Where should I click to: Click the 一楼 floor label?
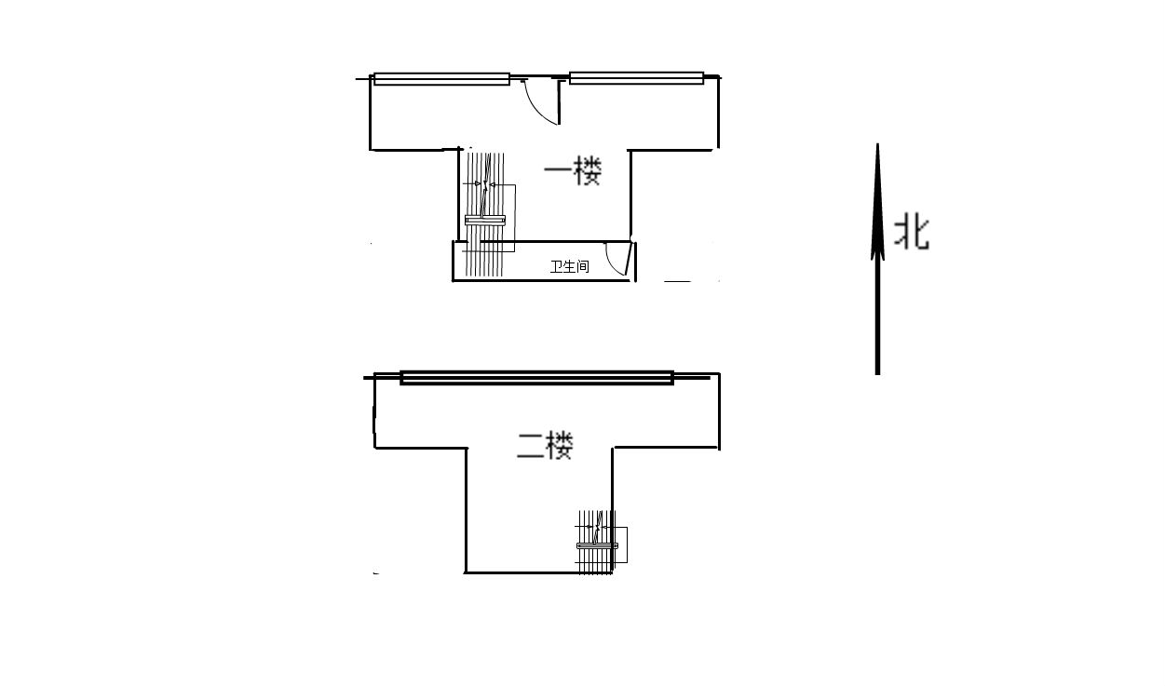(x=573, y=171)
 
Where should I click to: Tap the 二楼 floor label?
(x=545, y=446)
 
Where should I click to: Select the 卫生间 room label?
(x=570, y=267)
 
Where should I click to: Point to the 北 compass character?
(x=911, y=232)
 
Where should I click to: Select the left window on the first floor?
(x=441, y=78)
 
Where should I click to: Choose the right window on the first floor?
(x=637, y=78)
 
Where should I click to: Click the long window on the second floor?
(x=536, y=378)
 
